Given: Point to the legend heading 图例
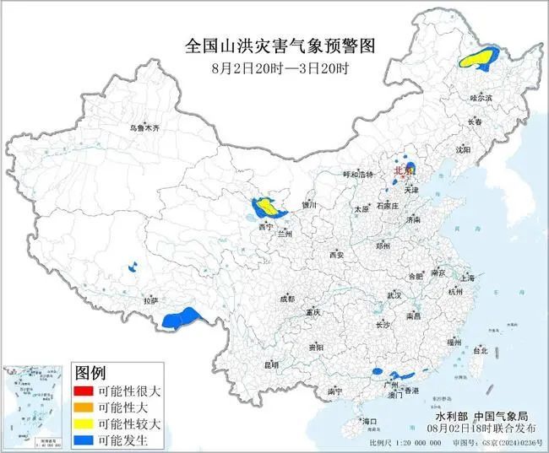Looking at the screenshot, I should tap(90, 372).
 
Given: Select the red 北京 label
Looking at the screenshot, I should tap(404, 171).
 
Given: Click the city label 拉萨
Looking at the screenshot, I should tap(150, 299).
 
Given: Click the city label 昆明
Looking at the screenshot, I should tap(271, 364).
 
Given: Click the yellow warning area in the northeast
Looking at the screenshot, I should tap(479, 59).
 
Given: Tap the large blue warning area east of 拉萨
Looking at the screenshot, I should tap(186, 318).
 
